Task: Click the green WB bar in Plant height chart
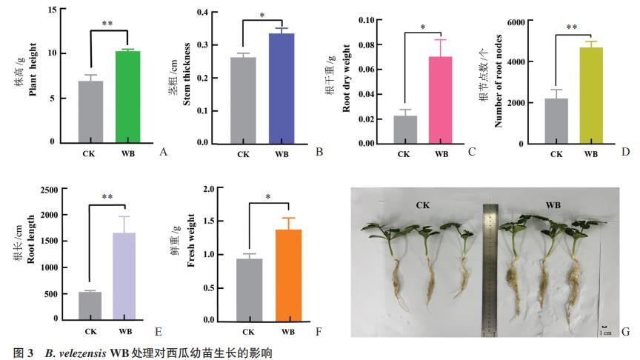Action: coord(127,96)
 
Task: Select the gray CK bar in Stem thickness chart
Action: coord(243,100)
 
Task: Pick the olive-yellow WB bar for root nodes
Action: coord(590,96)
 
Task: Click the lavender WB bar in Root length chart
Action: coord(124,276)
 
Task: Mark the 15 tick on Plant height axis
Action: coord(51,10)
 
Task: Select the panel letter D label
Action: coord(626,152)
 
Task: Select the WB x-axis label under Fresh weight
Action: coord(288,332)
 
